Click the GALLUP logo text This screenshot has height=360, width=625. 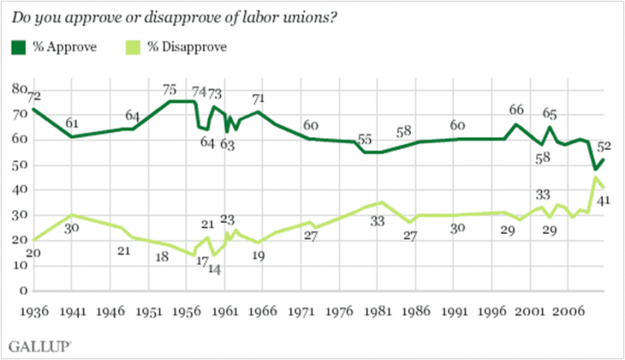click(x=38, y=346)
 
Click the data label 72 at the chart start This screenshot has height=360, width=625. click(x=35, y=97)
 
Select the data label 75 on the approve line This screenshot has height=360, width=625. click(x=169, y=90)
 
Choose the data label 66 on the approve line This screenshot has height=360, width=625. click(x=517, y=110)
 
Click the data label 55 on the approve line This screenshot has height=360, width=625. click(x=365, y=139)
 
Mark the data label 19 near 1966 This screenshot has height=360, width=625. click(x=258, y=257)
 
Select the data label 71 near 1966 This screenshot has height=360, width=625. click(x=258, y=99)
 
